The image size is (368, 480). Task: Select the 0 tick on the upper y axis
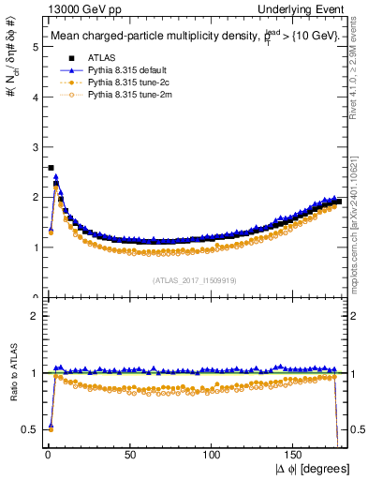[33, 297]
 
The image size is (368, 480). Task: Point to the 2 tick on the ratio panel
[33, 315]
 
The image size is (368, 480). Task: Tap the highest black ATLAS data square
[50, 168]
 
